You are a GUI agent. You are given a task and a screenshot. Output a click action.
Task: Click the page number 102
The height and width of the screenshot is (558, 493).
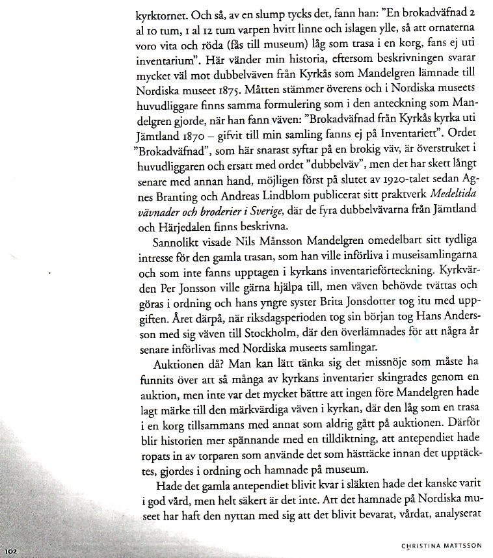(12, 551)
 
